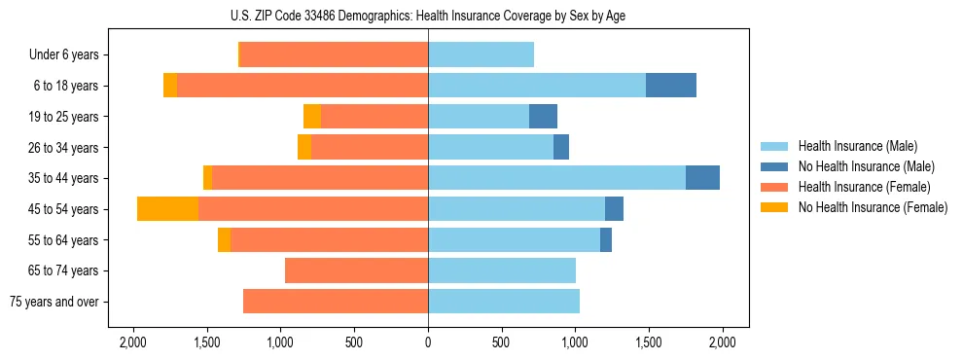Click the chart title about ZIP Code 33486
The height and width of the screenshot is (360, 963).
[428, 15]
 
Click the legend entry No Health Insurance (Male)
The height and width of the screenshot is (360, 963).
[866, 166]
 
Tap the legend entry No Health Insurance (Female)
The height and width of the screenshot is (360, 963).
[873, 207]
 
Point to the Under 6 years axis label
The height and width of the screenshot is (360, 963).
[63, 55]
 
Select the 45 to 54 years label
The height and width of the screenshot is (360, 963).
[64, 209]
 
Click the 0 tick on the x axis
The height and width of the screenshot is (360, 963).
[428, 342]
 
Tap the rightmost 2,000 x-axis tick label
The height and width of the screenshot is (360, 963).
[723, 342]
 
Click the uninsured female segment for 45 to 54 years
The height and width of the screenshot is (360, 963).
[167, 209]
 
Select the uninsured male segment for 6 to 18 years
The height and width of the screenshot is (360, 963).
[671, 86]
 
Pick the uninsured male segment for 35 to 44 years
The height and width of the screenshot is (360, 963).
[702, 178]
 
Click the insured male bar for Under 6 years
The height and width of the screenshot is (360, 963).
[481, 55]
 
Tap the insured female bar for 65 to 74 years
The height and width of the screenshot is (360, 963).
[356, 270]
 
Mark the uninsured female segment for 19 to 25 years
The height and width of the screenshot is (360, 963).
[312, 117]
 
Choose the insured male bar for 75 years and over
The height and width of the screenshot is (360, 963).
[504, 302]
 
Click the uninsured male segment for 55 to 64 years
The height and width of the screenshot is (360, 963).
[606, 240]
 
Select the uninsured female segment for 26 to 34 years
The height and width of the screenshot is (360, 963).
[304, 148]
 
